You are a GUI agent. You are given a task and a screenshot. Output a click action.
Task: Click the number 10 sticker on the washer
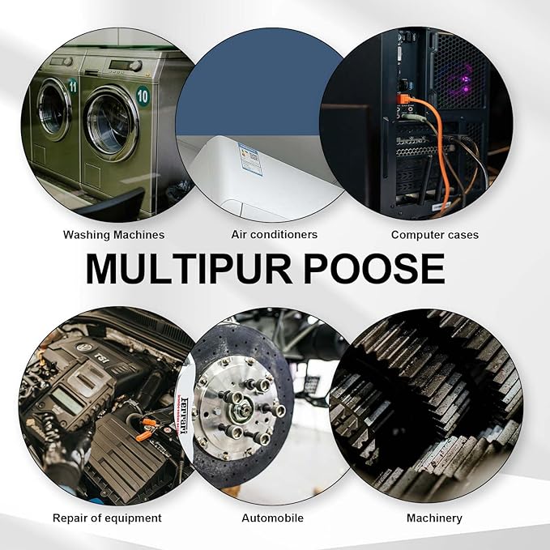click(143, 96)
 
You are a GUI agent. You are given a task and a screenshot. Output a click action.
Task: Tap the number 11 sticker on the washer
click(73, 86)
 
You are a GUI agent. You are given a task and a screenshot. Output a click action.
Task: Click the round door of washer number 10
click(111, 122)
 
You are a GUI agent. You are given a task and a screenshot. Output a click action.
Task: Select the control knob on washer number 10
click(135, 66)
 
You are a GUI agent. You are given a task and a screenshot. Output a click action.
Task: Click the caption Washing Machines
click(113, 235)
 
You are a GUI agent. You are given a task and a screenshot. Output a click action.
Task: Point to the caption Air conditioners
click(274, 234)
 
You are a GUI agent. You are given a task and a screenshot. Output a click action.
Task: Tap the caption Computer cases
click(435, 235)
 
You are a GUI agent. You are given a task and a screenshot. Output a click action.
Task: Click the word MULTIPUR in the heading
click(189, 269)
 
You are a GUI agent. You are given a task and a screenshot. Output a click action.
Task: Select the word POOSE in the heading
click(374, 269)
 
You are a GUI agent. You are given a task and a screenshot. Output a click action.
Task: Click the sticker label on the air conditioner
click(249, 159)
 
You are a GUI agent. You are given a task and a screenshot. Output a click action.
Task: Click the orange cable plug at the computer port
click(403, 100)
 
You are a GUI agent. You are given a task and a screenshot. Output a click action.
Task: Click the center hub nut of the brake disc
click(241, 409)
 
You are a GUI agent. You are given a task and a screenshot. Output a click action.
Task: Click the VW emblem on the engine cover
click(84, 347)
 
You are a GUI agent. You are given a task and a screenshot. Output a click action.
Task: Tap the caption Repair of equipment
click(107, 518)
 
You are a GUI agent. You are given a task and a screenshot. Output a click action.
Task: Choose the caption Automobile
click(272, 518)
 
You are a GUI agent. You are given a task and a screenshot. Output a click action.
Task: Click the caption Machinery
click(434, 518)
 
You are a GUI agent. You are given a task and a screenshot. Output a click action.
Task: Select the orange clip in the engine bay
click(144, 436)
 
